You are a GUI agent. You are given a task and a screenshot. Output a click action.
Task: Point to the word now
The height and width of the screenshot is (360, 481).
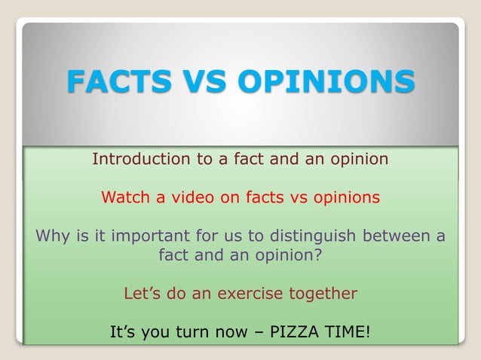tap(231, 331)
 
